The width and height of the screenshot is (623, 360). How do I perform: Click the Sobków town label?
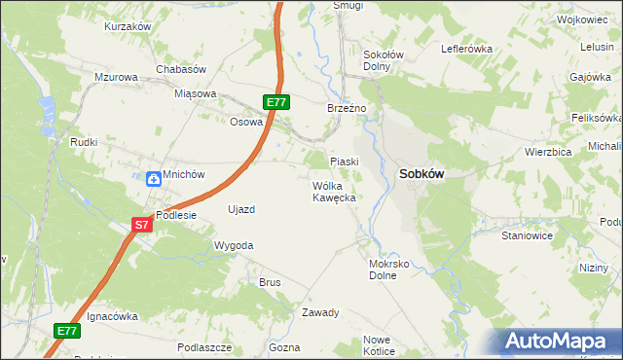(x=421, y=174)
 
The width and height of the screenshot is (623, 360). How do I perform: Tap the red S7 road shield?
(x=142, y=225)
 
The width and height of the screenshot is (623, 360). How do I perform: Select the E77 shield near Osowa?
(x=276, y=101)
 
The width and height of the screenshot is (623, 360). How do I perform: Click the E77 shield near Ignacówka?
(x=66, y=331)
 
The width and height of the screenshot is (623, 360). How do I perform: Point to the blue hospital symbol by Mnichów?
(x=153, y=178)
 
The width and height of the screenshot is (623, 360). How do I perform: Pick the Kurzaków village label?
(x=128, y=26)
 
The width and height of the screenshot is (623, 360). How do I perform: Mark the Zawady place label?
(x=319, y=312)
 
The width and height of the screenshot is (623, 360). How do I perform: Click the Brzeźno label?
(x=346, y=108)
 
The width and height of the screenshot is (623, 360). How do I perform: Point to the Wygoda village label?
(x=234, y=246)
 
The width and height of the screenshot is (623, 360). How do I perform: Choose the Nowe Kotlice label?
(x=378, y=345)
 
